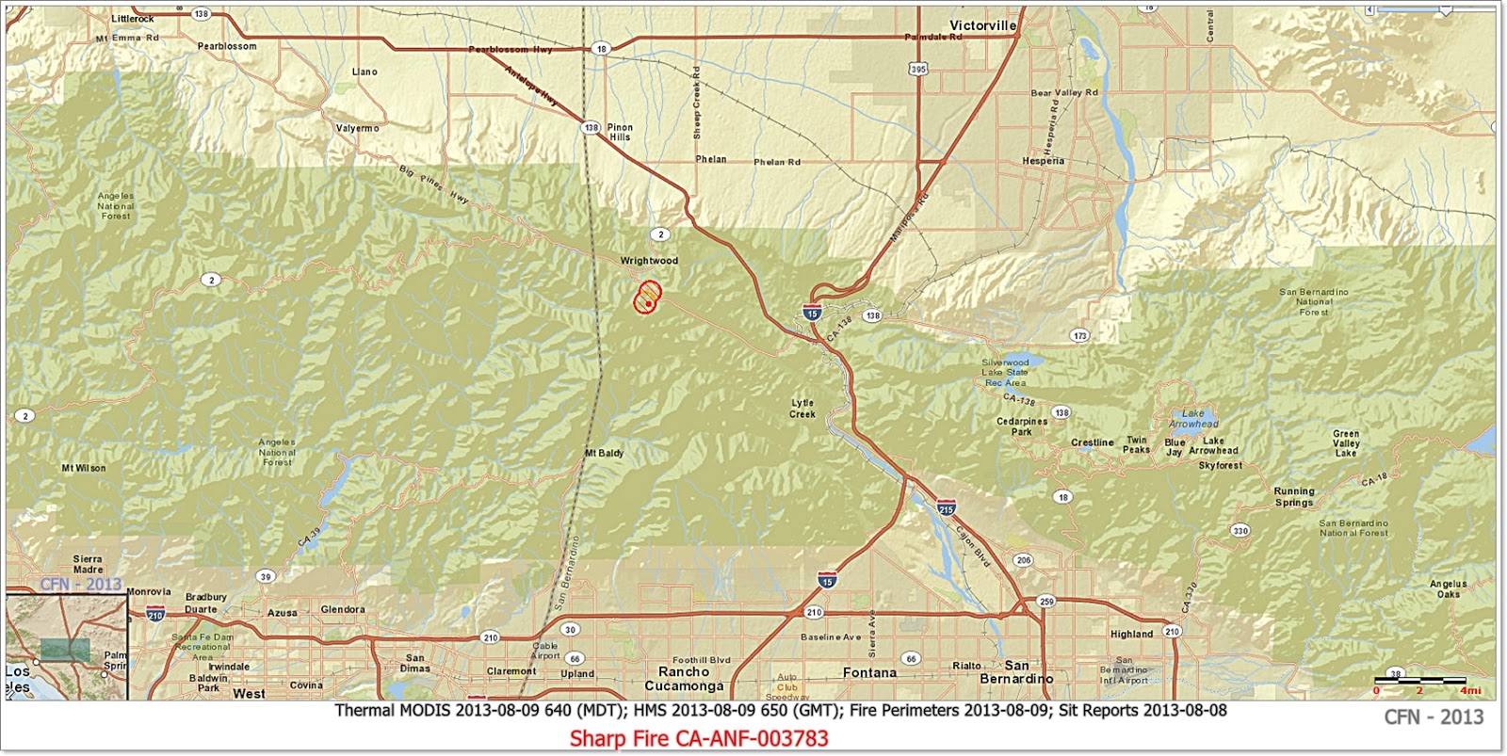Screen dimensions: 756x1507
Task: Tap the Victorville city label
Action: coord(982,25)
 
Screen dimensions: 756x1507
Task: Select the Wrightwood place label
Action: coord(648,261)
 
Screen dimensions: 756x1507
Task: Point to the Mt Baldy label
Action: coord(604,453)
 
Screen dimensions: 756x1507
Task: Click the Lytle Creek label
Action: coord(802,409)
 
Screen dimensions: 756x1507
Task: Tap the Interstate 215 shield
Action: coord(946,508)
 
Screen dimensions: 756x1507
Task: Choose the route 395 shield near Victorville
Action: coord(918,69)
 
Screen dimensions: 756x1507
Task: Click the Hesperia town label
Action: coord(1043,161)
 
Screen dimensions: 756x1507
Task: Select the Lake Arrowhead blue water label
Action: coord(1192,419)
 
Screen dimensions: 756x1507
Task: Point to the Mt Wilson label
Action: coord(84,468)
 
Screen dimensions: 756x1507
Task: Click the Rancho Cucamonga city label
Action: coord(684,679)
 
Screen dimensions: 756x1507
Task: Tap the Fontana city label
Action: coord(869,673)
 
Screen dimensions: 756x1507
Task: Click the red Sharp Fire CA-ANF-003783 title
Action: coord(698,738)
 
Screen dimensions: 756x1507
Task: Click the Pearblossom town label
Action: coord(226,46)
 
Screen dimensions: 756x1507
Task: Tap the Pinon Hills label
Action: coord(620,132)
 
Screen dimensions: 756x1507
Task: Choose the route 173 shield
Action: coord(1079,335)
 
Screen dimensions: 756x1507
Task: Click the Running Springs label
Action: coord(1293,496)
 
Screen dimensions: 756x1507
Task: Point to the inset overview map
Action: coord(66,647)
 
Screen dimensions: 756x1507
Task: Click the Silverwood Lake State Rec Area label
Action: coord(1005,373)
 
